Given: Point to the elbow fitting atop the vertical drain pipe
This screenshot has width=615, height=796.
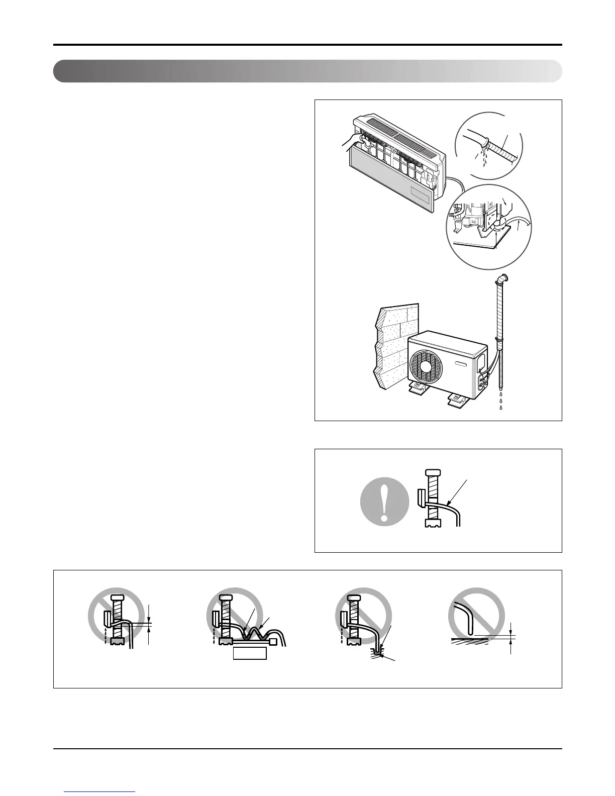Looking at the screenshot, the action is point(502,278).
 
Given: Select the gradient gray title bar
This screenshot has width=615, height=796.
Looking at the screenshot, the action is point(307,71).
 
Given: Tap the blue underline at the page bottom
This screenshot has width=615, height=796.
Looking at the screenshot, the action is point(100,792).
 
